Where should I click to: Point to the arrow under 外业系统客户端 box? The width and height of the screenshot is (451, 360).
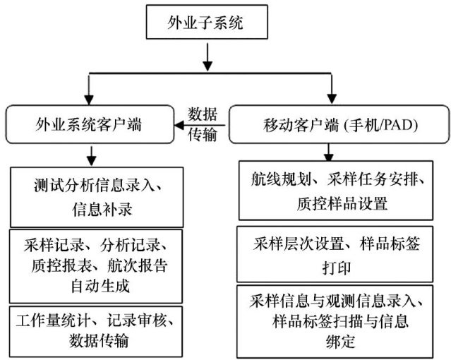click(90, 154)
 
